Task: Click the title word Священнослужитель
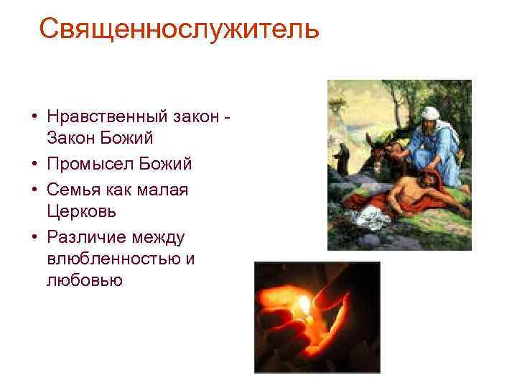point(179,29)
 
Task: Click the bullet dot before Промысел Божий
point(33,165)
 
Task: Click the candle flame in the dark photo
point(307,306)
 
